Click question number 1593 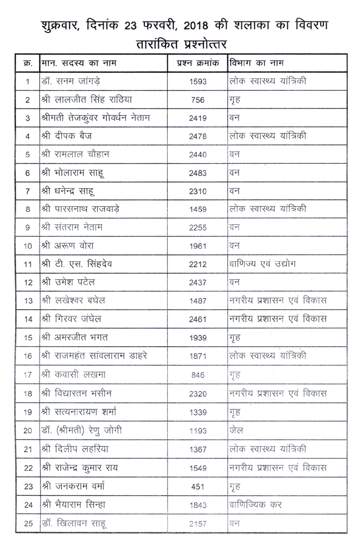click(198, 81)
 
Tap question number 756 click(198, 100)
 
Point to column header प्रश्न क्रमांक click(198, 63)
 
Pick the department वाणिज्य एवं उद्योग click(263, 264)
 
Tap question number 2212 click(198, 264)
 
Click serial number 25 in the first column click(28, 522)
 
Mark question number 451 click(198, 486)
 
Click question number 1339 click(198, 412)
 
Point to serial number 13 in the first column click(28, 301)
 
